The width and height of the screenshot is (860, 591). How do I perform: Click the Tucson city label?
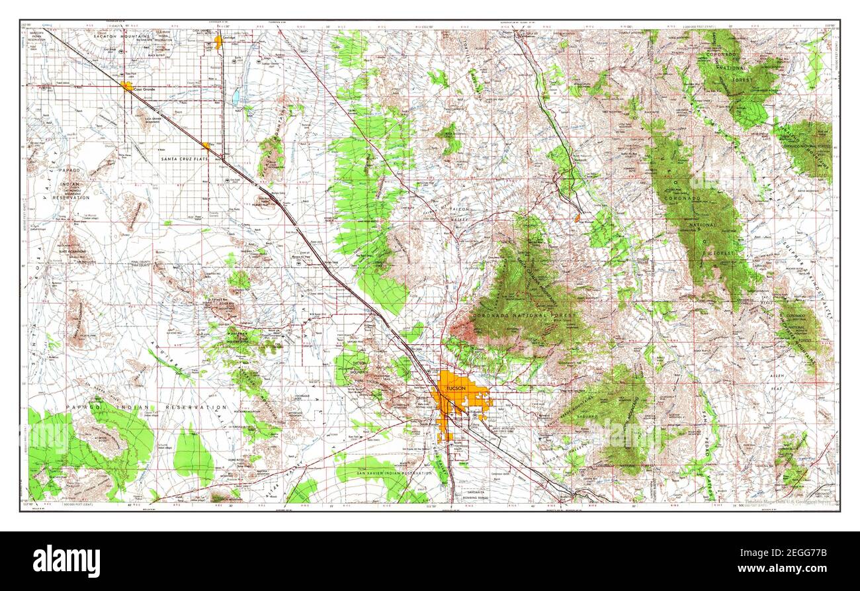click(x=456, y=388)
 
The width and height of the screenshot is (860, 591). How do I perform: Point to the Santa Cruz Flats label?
click(x=186, y=159)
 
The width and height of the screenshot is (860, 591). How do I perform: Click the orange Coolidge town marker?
click(x=218, y=41)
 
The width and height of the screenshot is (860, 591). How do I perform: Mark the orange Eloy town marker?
click(x=207, y=146)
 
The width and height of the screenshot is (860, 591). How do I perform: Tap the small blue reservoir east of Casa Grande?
click(x=236, y=97)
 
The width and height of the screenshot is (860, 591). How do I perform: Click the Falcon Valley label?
click(x=459, y=212)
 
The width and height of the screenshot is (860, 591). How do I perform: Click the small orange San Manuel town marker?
click(x=578, y=216)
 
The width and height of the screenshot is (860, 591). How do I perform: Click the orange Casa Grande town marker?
click(x=126, y=86)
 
